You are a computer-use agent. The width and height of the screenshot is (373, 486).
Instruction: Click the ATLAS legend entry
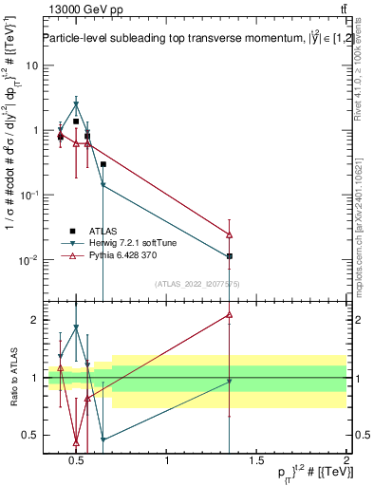104,230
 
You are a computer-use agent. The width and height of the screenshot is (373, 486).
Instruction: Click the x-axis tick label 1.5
256,461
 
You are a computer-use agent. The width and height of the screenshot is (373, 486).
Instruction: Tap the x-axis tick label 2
346,461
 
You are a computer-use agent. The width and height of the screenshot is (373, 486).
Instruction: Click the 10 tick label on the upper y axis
28,65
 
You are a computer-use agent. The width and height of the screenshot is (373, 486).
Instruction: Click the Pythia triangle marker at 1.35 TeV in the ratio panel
230,314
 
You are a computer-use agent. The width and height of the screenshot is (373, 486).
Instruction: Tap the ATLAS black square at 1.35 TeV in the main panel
230,256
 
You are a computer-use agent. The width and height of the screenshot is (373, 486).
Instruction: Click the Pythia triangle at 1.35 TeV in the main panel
230,234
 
